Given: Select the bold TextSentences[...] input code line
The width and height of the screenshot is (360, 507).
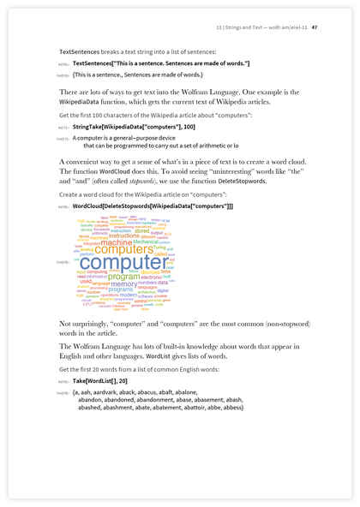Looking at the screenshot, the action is pos(161,64).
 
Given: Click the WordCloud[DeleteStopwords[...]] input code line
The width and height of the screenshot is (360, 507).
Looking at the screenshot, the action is pos(153,206).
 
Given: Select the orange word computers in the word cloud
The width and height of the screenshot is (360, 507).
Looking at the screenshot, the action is pos(129,249).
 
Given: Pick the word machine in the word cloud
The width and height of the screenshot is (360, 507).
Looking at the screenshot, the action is pos(117,242).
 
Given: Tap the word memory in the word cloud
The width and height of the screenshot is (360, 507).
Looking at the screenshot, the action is pos(123,283).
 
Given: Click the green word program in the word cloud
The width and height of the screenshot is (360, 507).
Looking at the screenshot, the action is pos(123,277).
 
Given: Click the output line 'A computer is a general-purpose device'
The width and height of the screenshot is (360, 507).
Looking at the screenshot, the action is pos(124,137).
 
